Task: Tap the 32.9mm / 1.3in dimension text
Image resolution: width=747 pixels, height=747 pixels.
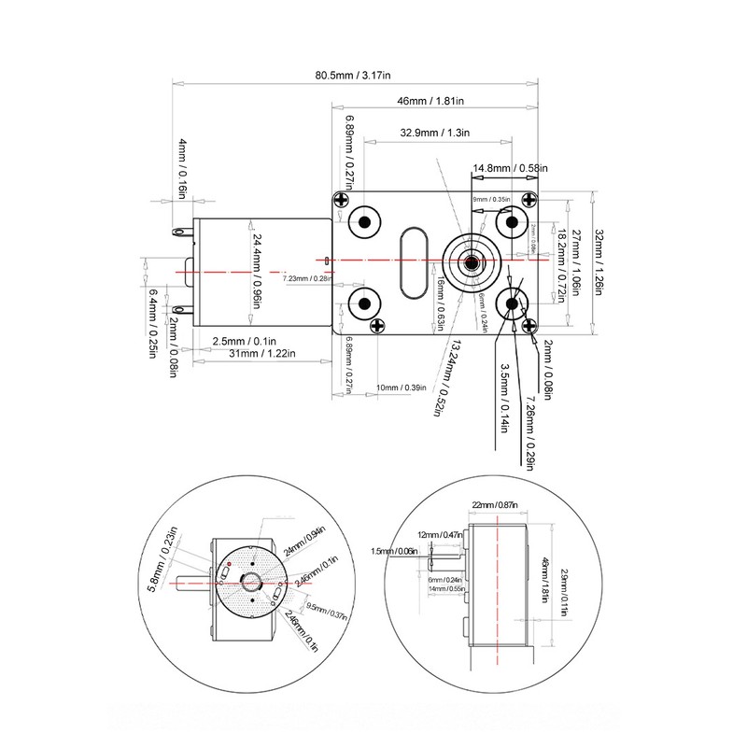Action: coord(434,134)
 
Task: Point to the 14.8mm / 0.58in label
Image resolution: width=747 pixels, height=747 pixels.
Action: coord(510,168)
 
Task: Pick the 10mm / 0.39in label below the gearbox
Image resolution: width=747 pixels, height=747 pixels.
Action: coord(401,388)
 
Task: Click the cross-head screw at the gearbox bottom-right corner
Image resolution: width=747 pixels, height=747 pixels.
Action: coord(532,325)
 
